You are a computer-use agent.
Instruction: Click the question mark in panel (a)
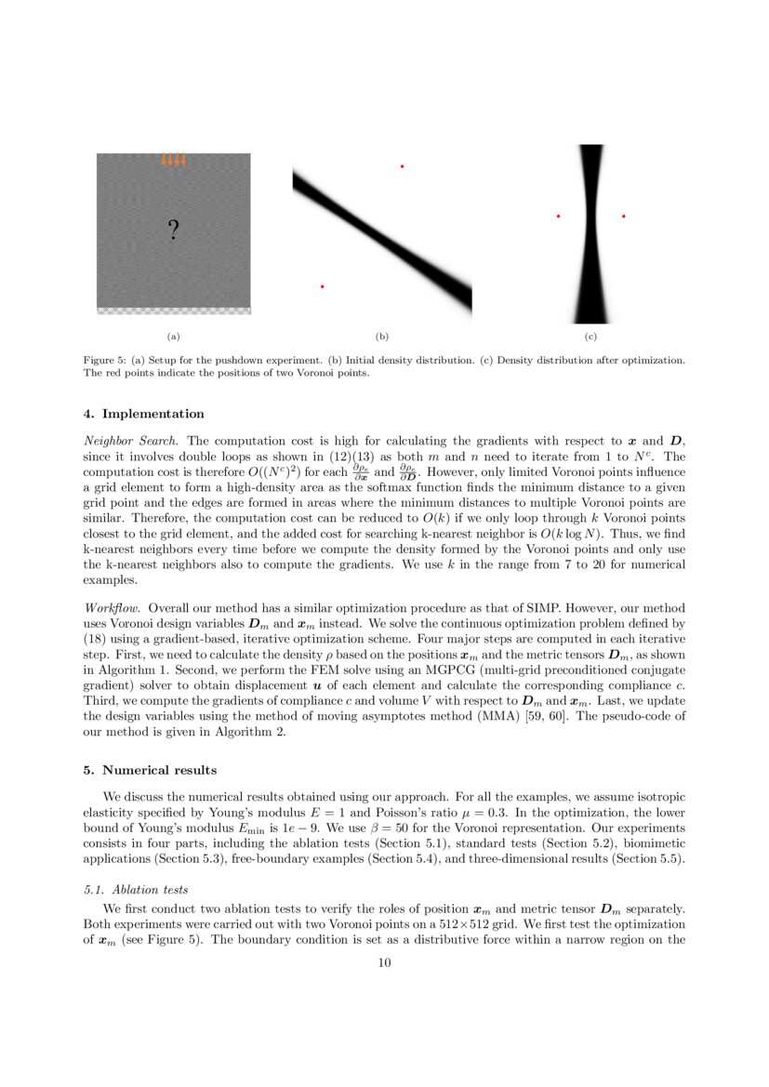click(173, 230)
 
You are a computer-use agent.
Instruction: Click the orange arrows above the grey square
click(173, 160)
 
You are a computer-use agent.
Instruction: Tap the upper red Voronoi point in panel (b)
click(402, 166)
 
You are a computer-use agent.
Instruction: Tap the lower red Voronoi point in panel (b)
click(322, 286)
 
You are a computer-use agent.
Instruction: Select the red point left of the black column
click(558, 217)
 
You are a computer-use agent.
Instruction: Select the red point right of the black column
click(623, 217)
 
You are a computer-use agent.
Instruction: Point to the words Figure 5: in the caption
click(104, 360)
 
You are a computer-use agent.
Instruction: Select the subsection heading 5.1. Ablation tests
click(136, 889)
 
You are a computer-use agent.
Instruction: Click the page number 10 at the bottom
click(384, 962)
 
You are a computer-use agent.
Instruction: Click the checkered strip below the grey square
click(173, 312)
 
